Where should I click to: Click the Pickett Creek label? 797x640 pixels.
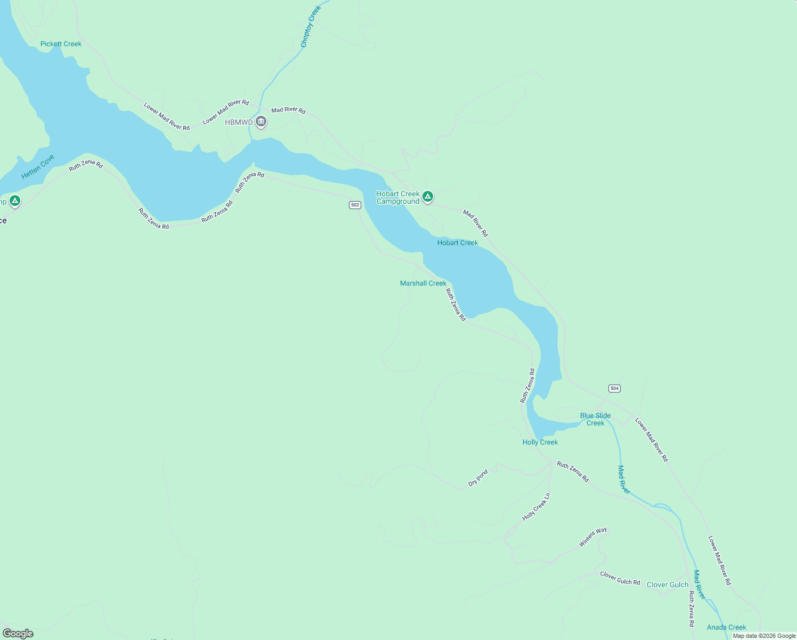[x=61, y=44]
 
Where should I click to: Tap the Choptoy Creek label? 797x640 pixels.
[x=311, y=27]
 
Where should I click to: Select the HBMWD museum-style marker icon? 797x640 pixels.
[x=261, y=122]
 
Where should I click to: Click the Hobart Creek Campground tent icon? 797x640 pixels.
[x=427, y=197]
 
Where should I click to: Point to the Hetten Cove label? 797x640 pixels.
[x=38, y=167]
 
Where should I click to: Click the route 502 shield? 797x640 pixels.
[x=355, y=205]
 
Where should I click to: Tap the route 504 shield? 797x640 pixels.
[x=614, y=388]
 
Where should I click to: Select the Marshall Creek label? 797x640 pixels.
[x=423, y=283]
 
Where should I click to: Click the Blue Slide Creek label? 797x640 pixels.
[x=595, y=419]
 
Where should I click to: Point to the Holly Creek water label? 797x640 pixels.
[x=540, y=442]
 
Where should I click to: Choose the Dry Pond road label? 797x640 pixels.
[x=478, y=478]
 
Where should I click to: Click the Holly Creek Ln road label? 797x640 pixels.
[x=536, y=507]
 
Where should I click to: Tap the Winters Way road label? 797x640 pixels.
[x=593, y=537]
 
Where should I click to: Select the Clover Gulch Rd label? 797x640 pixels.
[x=620, y=578]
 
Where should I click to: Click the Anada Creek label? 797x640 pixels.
[x=726, y=627]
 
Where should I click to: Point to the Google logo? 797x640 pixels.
[x=18, y=634]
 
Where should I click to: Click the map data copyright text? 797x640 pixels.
[x=764, y=636]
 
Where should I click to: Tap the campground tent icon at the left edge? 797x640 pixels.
[x=15, y=202]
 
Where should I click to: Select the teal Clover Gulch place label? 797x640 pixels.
[x=667, y=585]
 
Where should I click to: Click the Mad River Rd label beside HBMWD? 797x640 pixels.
[x=288, y=110]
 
